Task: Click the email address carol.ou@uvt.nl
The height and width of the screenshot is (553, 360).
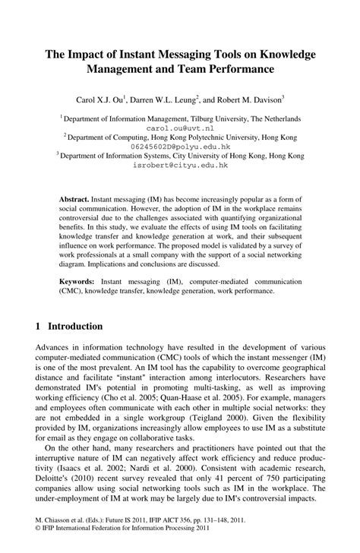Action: click(180, 129)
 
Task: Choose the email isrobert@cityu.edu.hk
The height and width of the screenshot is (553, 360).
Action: click(180, 164)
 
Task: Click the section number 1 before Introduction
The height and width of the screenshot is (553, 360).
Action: click(38, 327)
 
